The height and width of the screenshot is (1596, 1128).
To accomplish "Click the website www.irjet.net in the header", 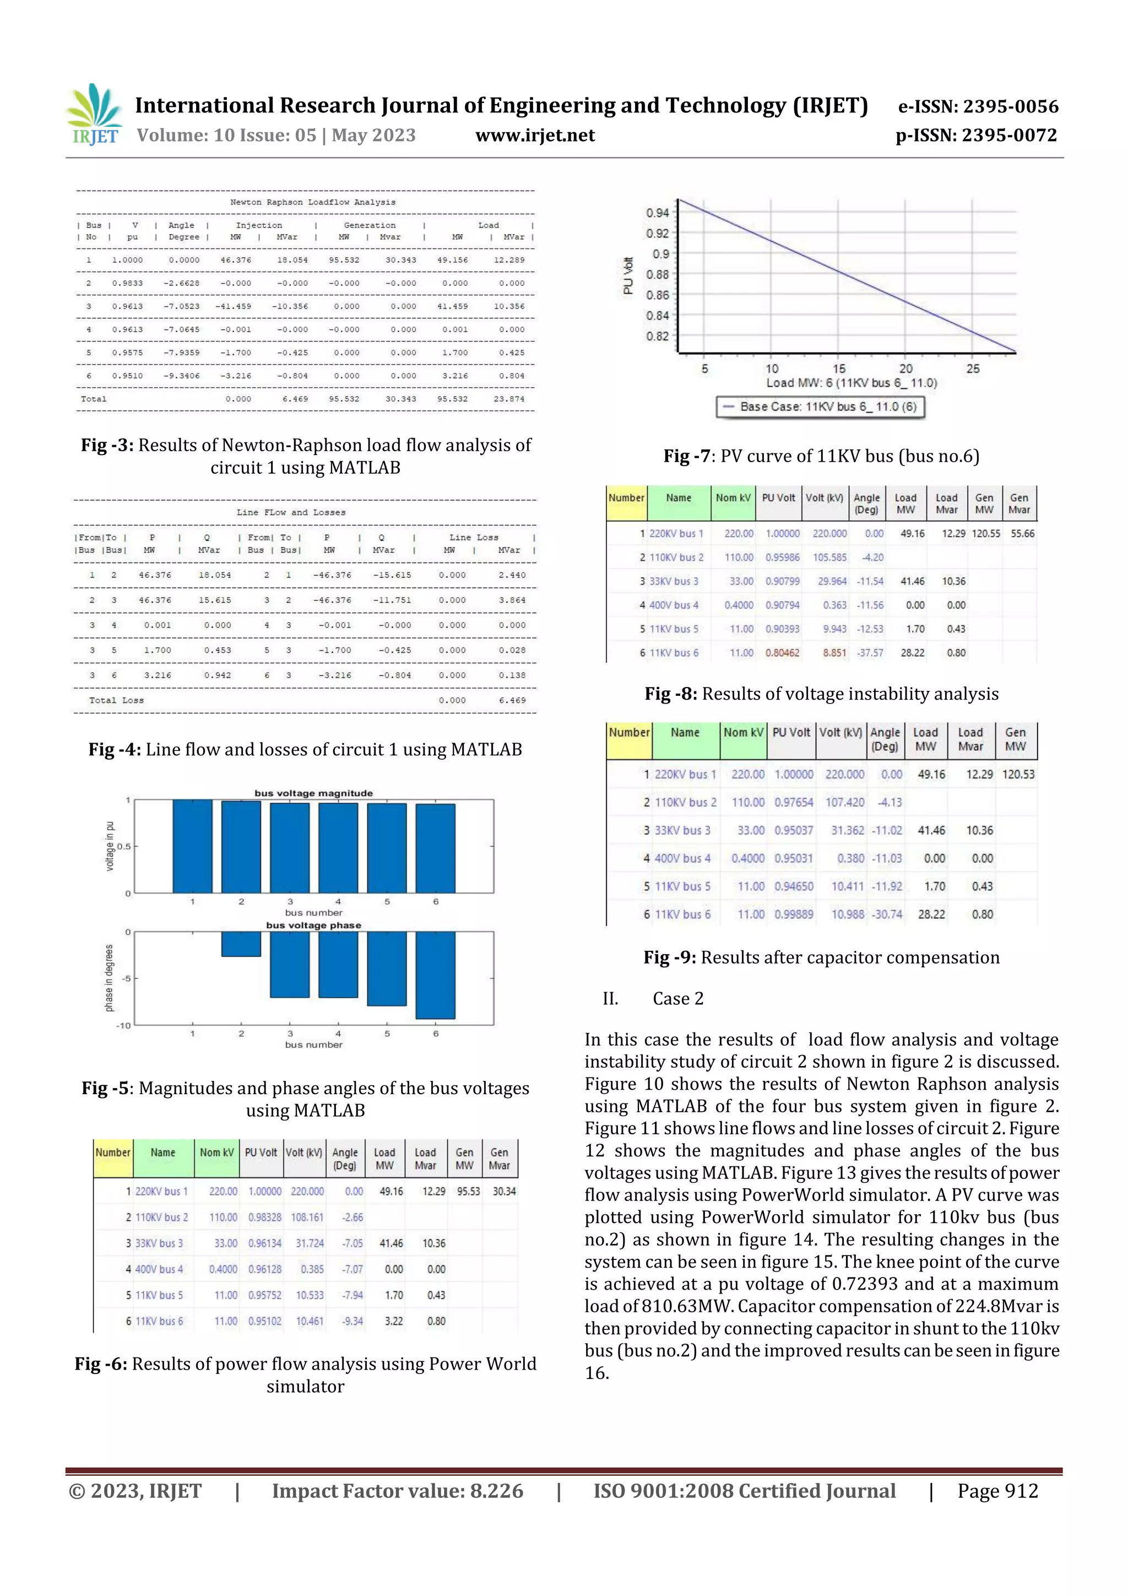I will point(534,136).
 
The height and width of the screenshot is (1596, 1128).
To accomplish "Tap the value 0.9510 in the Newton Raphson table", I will point(127,376).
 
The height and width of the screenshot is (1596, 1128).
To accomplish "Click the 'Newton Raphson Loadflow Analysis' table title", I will point(313,202).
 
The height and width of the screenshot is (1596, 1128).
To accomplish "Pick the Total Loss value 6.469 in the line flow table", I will point(512,700).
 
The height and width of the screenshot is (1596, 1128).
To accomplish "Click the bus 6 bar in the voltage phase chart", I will point(435,975).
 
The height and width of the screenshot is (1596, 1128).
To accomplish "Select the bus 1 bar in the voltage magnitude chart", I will point(193,846).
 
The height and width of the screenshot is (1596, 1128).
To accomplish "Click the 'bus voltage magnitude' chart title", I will point(313,793).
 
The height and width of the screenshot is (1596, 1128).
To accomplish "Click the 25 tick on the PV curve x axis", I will point(972,369).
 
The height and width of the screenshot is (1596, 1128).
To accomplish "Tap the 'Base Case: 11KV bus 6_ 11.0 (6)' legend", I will point(820,407).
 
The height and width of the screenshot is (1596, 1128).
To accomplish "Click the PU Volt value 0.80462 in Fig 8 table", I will point(782,653).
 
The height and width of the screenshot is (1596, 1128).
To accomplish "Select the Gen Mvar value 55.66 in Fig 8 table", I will point(1022,534).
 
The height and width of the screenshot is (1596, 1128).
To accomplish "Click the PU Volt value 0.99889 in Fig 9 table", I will point(793,914).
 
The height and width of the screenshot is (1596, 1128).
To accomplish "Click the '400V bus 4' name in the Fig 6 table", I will point(159,1269).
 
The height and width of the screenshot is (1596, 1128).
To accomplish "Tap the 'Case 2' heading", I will point(677,999).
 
